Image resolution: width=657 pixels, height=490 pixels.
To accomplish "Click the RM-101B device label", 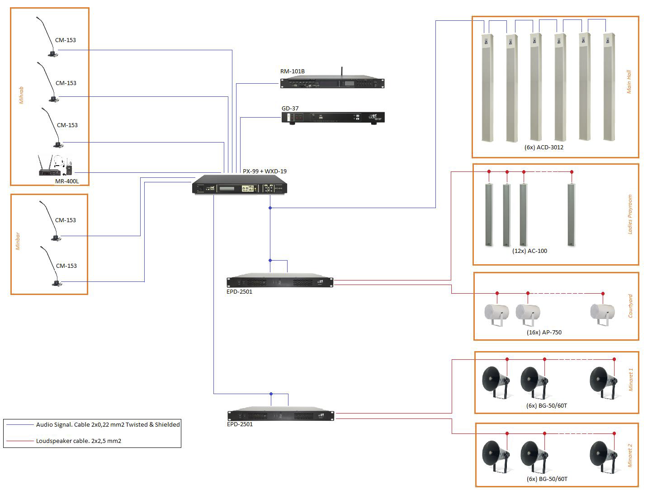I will (292, 71).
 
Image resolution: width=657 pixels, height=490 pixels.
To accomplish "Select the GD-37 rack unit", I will (333, 118).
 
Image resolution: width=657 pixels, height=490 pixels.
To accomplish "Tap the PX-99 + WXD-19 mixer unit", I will (240, 185).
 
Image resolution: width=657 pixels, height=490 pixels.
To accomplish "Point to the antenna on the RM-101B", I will (341, 72).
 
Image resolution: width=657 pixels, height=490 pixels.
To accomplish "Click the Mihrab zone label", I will (21, 95).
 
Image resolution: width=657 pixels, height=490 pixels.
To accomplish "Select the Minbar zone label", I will (18, 242).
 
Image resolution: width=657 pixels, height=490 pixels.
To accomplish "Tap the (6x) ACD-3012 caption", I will (544, 147).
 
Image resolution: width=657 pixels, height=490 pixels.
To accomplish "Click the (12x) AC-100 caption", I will (529, 251).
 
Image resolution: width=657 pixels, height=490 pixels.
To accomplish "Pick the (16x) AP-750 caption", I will (544, 332).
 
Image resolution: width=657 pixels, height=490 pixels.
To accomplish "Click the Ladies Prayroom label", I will (630, 214).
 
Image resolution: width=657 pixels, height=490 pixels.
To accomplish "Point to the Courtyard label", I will (630, 306).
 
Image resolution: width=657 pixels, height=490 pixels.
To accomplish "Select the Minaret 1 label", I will (631, 380).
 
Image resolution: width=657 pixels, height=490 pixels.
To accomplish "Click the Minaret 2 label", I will (631, 455).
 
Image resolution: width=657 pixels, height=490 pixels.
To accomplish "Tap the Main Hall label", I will (629, 82).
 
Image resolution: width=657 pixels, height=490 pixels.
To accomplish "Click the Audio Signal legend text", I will (108, 424).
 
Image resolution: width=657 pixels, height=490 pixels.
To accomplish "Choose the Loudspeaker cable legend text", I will (79, 441).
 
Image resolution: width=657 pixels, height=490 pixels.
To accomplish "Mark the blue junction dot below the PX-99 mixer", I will (270, 208).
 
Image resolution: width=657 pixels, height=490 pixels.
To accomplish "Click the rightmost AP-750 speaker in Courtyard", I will (602, 313).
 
